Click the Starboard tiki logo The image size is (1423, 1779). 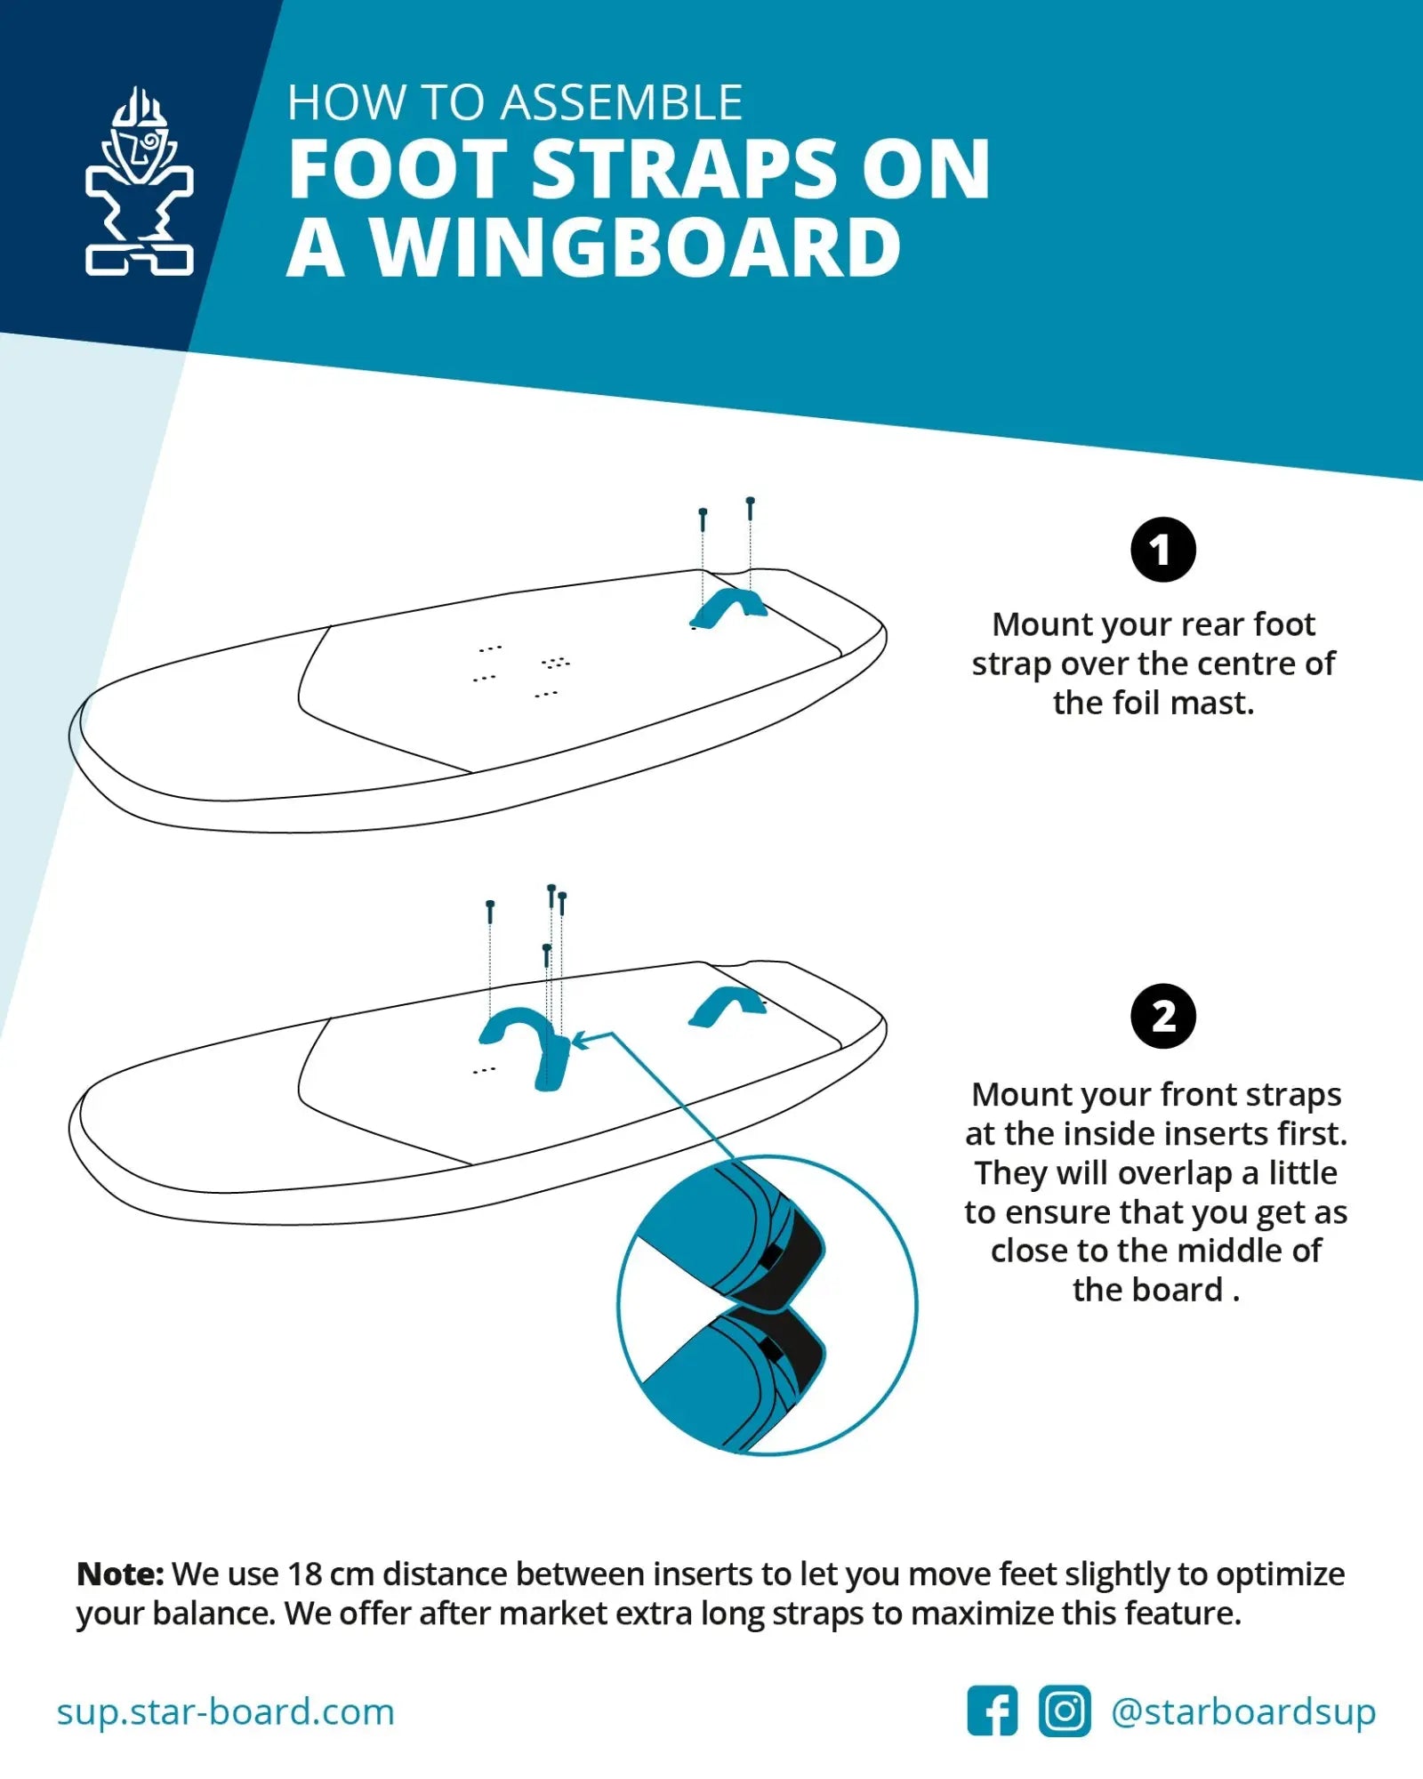pyautogui.click(x=140, y=181)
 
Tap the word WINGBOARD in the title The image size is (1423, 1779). pyautogui.click(x=635, y=248)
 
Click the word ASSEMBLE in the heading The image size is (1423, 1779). pyautogui.click(x=622, y=102)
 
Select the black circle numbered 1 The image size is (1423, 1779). pyautogui.click(x=1162, y=550)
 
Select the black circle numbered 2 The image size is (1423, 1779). pyautogui.click(x=1162, y=1016)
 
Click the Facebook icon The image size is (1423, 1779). pyautogui.click(x=992, y=1710)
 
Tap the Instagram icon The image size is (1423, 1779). pyautogui.click(x=1064, y=1710)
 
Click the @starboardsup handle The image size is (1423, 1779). pyautogui.click(x=1243, y=1711)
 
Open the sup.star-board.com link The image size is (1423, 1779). pyautogui.click(x=225, y=1711)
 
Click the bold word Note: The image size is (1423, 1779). pyautogui.click(x=120, y=1574)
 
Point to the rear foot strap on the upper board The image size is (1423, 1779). pyautogui.click(x=729, y=607)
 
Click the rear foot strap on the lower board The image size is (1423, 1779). pyautogui.click(x=728, y=1005)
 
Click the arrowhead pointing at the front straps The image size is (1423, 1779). pyautogui.click(x=582, y=1040)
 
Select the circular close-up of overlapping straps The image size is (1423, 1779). pyautogui.click(x=767, y=1305)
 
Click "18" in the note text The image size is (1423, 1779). pyautogui.click(x=304, y=1574)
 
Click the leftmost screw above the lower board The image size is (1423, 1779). pyautogui.click(x=490, y=911)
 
